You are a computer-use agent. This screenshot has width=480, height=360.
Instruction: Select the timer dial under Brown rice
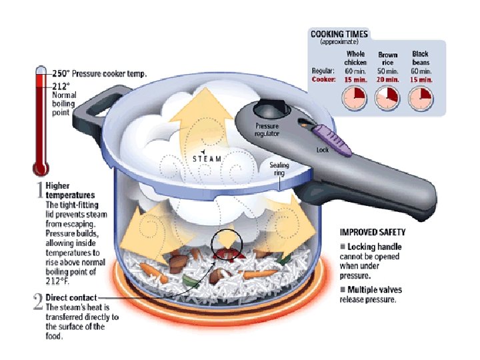tap(387, 99)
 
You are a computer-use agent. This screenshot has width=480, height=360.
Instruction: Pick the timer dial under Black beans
tap(420, 99)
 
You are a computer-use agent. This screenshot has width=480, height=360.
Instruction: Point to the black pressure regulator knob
tap(270, 107)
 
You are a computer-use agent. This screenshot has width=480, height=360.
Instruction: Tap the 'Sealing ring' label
tap(279, 169)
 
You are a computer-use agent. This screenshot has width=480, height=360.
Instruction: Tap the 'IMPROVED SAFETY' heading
tap(373, 233)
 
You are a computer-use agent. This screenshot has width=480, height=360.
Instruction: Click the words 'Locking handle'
tap(375, 247)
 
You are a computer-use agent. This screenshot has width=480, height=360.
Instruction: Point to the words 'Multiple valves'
tap(375, 289)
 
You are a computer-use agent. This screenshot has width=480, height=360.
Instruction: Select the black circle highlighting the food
tap(227, 245)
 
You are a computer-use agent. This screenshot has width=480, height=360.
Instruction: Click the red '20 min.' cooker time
tap(387, 79)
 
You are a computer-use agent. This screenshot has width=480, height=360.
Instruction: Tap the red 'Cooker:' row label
tap(323, 79)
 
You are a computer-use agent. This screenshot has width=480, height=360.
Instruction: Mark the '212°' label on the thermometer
tap(61, 85)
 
